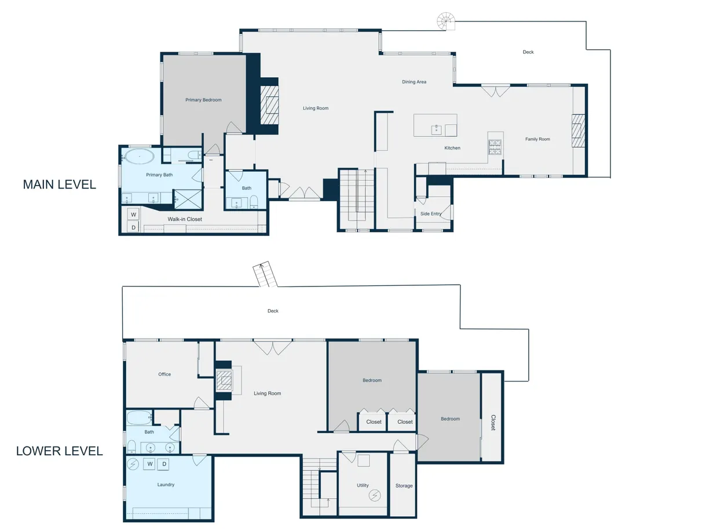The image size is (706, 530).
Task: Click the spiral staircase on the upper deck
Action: coord(446,21)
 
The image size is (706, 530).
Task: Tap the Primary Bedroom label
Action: coord(203,100)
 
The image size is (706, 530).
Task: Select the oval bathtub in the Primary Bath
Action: coord(139,157)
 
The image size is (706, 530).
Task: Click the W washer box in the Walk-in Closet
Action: coord(133,214)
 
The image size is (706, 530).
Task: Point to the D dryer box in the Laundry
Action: coord(164,464)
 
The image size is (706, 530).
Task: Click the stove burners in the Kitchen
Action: coord(495,147)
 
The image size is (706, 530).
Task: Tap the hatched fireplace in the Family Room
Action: coord(578,130)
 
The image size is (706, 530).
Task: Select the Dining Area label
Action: coord(414,82)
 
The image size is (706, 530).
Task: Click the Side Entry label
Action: coord(431,213)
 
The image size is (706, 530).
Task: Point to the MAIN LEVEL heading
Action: coord(60,184)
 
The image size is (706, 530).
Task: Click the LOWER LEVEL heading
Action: coord(60,451)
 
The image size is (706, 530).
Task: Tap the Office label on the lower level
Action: coord(164,374)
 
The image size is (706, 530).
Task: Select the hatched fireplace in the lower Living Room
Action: coord(224,380)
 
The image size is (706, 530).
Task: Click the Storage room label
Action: coord(404,485)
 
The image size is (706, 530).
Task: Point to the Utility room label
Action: coord(363,485)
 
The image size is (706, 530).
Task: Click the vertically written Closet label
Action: coord(493,423)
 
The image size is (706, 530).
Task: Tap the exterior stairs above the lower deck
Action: coord(265,274)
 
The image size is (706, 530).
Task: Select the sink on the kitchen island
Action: coord(436,130)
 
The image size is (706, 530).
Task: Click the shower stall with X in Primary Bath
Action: coord(188,199)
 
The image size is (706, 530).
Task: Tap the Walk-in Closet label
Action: coord(185,219)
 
